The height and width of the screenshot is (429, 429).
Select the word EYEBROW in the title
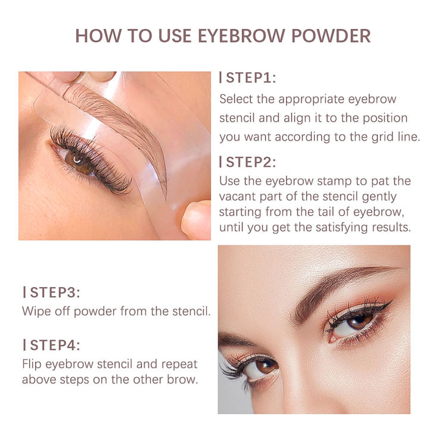232,35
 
